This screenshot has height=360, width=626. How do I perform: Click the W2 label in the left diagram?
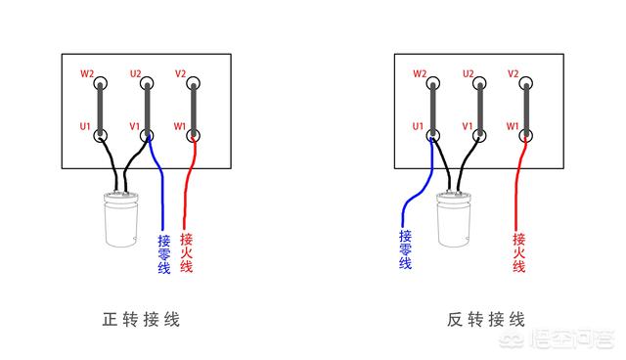(x=87, y=73)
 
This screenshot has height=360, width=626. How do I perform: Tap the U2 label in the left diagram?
(x=136, y=73)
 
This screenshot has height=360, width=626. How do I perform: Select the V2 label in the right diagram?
(x=513, y=73)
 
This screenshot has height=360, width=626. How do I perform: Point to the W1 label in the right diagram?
(x=513, y=126)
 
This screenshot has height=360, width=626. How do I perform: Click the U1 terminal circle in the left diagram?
(x=100, y=136)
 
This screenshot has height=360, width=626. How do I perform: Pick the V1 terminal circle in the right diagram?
(x=479, y=136)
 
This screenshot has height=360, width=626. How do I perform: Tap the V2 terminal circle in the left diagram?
(x=194, y=84)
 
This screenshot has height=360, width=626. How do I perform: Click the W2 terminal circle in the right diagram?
(x=432, y=84)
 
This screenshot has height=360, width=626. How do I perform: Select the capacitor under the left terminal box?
(x=121, y=219)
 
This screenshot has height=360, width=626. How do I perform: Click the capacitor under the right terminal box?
(x=454, y=219)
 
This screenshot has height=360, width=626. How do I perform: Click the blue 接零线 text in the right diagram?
(x=405, y=249)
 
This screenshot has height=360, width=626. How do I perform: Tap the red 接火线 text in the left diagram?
(x=187, y=252)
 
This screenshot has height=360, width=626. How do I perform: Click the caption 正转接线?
(x=141, y=320)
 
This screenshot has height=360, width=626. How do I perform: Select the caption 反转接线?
(x=485, y=320)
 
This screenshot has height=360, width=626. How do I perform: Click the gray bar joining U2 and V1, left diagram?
(x=147, y=110)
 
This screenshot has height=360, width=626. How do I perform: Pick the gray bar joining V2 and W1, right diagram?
(x=526, y=110)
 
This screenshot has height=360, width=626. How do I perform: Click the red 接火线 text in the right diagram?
(x=519, y=252)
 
